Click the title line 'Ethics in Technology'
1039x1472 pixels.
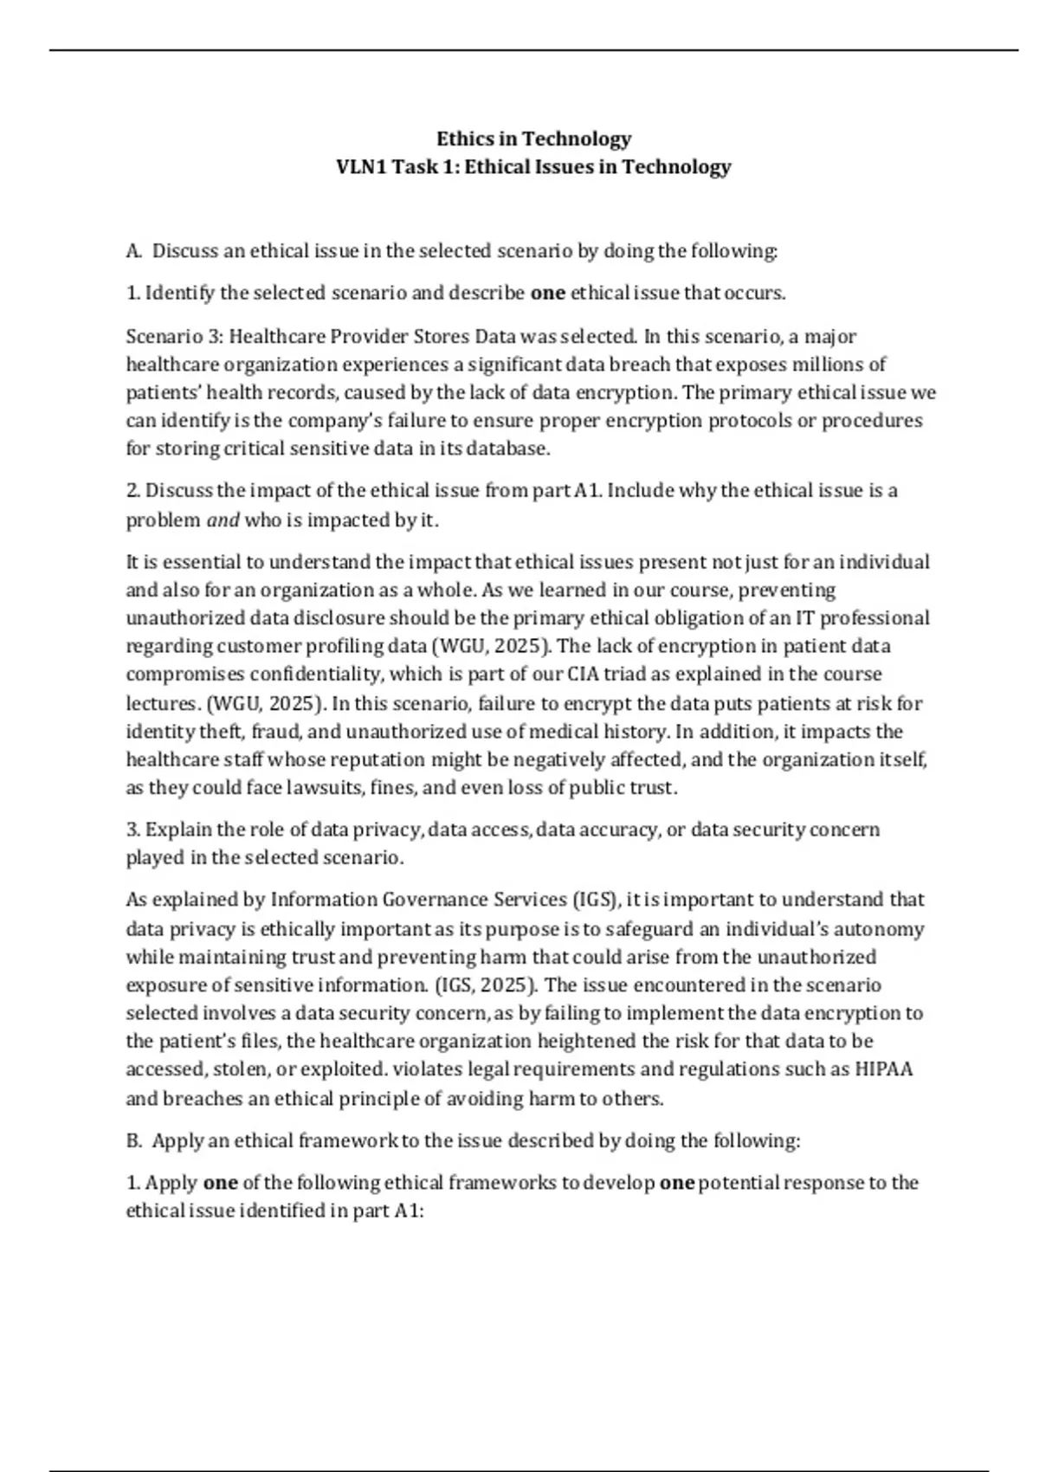tap(533, 139)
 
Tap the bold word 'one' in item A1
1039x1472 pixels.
tap(547, 293)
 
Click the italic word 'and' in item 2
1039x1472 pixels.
tap(223, 520)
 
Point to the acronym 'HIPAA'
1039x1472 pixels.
tap(883, 1069)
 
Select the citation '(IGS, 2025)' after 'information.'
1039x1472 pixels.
tap(484, 985)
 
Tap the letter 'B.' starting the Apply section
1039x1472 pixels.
tap(134, 1140)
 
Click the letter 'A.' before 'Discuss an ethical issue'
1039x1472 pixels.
tap(133, 251)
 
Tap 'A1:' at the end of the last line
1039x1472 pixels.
tap(409, 1211)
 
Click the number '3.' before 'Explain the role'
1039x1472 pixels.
tap(133, 830)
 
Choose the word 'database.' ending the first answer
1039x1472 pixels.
tap(510, 449)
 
